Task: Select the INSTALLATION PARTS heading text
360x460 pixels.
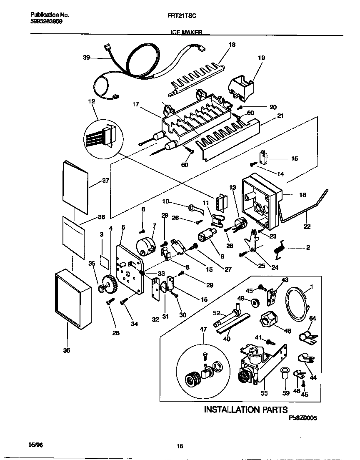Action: coord(245,410)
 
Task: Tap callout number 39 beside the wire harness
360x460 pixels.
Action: coord(86,58)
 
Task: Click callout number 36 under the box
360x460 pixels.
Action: coord(67,351)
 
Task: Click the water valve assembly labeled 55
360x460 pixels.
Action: coord(258,361)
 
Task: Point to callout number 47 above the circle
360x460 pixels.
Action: coord(203,329)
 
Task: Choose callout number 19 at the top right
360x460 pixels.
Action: coord(261,58)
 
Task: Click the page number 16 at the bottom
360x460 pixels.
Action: coord(180,446)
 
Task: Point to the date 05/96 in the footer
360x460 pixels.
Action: coord(36,445)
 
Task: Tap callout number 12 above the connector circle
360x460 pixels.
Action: coord(92,101)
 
